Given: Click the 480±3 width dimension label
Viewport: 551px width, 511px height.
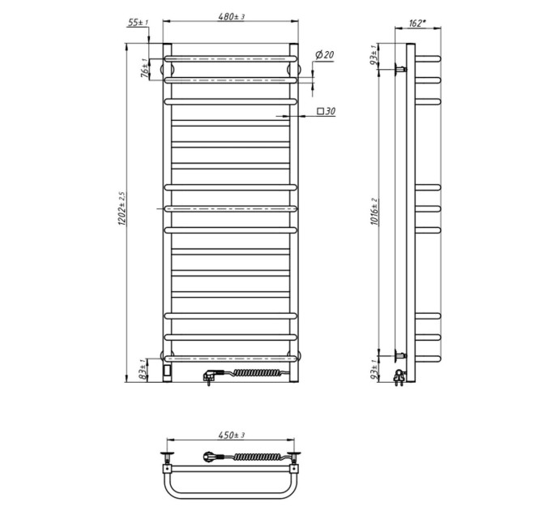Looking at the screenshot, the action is coord(231,16).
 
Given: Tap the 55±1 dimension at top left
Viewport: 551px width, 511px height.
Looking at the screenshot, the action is coord(138,23).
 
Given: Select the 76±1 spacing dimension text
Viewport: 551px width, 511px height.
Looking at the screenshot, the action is coord(144,69).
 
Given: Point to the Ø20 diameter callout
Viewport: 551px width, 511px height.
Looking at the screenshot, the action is coord(324,55).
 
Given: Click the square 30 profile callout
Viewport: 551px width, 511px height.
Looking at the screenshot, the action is coord(326,111).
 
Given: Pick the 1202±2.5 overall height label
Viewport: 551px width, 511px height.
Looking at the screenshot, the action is coord(122,209).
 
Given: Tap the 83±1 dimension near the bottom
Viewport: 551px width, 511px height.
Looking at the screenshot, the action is coord(143,369).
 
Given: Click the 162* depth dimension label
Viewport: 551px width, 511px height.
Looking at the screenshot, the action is coord(417,24).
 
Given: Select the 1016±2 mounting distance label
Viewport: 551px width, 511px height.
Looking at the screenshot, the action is coord(374,212).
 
